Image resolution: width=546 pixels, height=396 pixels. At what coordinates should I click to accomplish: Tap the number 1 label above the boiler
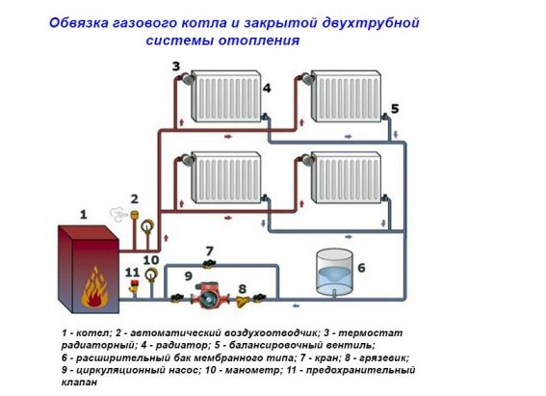click(x=83, y=213)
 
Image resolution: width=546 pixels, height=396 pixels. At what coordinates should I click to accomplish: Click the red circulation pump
click(x=207, y=296)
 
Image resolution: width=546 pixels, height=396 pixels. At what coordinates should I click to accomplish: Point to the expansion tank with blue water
click(x=333, y=274)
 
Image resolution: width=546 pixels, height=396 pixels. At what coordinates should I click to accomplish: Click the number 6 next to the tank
click(x=361, y=267)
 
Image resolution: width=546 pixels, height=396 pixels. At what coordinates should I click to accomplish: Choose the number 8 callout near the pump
click(x=243, y=288)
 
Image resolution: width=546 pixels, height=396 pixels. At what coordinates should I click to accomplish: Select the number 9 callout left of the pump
click(x=174, y=277)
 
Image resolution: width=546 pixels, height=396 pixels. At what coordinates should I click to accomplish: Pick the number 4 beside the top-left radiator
click(x=267, y=89)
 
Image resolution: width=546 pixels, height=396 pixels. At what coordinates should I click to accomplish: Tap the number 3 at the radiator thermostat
click(x=176, y=66)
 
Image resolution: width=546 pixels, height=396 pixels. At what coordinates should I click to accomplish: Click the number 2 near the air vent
click(x=135, y=198)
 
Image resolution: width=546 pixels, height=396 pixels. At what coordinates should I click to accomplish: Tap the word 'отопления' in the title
click(x=259, y=41)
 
